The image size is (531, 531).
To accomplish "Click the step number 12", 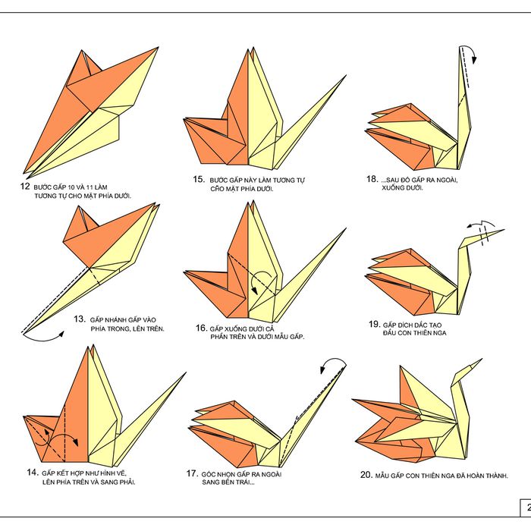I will (x=25, y=186).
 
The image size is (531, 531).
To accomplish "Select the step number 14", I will (x=32, y=473).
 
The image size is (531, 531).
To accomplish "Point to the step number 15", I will (x=200, y=180).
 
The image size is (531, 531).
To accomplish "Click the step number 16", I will (x=200, y=328).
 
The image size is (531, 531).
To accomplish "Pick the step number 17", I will (x=192, y=473).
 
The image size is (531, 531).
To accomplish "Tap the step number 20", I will (x=366, y=475).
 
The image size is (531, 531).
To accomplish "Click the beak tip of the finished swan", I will (x=481, y=360).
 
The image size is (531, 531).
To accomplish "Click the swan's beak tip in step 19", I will (x=503, y=231).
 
